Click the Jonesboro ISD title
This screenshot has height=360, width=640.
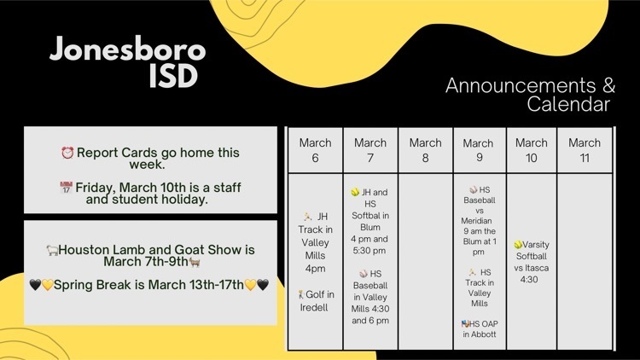(x=127, y=62)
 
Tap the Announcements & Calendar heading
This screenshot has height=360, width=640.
(x=530, y=95)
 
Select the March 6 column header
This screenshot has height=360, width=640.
(x=315, y=150)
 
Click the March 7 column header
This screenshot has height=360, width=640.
(x=369, y=150)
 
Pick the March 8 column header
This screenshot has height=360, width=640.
(x=425, y=150)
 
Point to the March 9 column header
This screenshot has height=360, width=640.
(x=478, y=150)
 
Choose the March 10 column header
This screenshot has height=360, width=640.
(x=531, y=150)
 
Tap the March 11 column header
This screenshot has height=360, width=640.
(x=585, y=150)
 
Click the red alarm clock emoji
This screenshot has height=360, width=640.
(x=67, y=153)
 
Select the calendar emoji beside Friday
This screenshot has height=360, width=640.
(x=66, y=188)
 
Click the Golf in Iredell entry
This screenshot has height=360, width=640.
(x=316, y=301)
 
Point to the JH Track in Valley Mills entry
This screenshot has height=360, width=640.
(x=315, y=242)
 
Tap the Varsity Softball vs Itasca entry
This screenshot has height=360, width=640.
(x=531, y=262)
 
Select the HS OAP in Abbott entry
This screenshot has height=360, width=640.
(x=480, y=329)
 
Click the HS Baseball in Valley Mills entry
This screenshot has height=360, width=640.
(x=369, y=297)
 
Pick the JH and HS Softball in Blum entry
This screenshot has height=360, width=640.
(x=369, y=221)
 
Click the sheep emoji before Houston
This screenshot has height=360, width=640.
(x=52, y=250)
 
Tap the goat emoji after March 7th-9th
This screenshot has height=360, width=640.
(x=195, y=262)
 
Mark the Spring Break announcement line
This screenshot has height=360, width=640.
(x=149, y=284)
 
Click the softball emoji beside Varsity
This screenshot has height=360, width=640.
(x=518, y=245)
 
